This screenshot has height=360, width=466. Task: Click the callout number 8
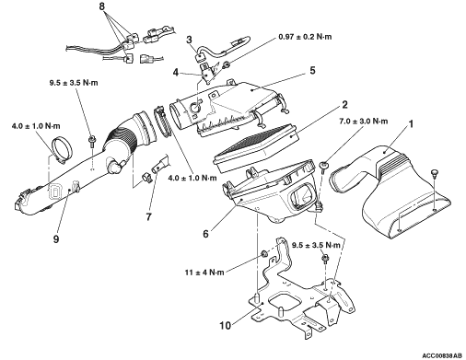coord(102,6)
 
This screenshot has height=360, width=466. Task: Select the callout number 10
coord(226,325)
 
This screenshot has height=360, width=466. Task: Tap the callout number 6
coord(205,234)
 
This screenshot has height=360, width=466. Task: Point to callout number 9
coord(56,238)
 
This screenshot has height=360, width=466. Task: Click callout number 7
coord(148,217)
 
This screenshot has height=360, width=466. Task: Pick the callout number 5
coord(312,70)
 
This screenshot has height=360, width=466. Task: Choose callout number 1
coord(411,124)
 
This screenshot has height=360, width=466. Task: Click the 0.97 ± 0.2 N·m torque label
coord(305,37)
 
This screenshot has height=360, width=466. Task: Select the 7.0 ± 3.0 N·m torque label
coord(364,122)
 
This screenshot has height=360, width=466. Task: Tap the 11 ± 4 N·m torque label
coord(204,273)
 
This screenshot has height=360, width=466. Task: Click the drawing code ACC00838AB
coord(442,355)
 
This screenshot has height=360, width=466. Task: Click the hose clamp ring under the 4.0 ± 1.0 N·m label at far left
coord(62,150)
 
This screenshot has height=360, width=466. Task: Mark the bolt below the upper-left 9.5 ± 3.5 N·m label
coord(91,141)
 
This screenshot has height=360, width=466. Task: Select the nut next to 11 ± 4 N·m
coord(263,254)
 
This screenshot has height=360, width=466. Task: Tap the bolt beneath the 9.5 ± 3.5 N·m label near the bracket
coord(324,259)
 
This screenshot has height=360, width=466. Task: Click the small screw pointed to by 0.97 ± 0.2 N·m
coord(227,64)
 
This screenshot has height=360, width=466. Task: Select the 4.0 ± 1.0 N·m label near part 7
coord(192,178)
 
